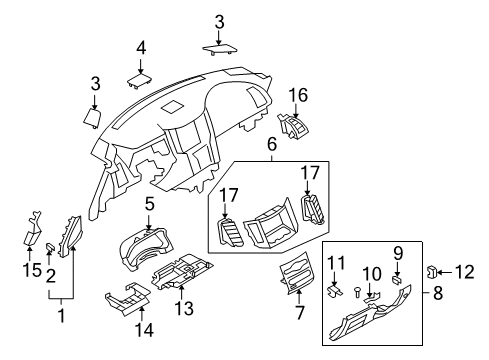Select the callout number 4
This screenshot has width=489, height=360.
pos(141,46)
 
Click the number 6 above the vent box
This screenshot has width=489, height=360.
pos(270,144)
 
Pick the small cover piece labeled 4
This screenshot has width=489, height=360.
pos(140,72)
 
